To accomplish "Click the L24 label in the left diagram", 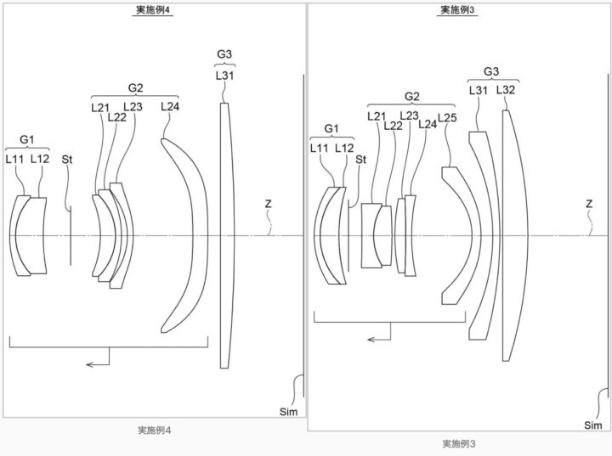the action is click(170, 106).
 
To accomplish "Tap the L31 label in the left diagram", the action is click(224, 76).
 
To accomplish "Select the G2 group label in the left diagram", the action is click(135, 88).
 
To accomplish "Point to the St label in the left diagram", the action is click(67, 159).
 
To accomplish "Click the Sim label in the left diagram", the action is click(288, 412).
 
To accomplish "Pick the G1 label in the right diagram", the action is click(331, 129).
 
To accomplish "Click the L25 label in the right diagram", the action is click(447, 117).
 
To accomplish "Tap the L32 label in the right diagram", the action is click(506, 90).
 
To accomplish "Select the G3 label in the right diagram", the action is click(491, 71).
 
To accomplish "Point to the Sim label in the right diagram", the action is click(593, 425).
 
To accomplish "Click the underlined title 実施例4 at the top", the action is click(152, 10).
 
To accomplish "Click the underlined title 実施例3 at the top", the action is click(457, 10).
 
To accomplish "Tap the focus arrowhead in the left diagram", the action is click(90, 365).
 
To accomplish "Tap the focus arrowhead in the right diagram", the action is click(371, 340).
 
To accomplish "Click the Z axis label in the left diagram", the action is click(268, 203).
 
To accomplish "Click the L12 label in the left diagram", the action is click(40, 159).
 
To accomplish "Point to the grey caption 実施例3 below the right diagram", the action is click(459, 443).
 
